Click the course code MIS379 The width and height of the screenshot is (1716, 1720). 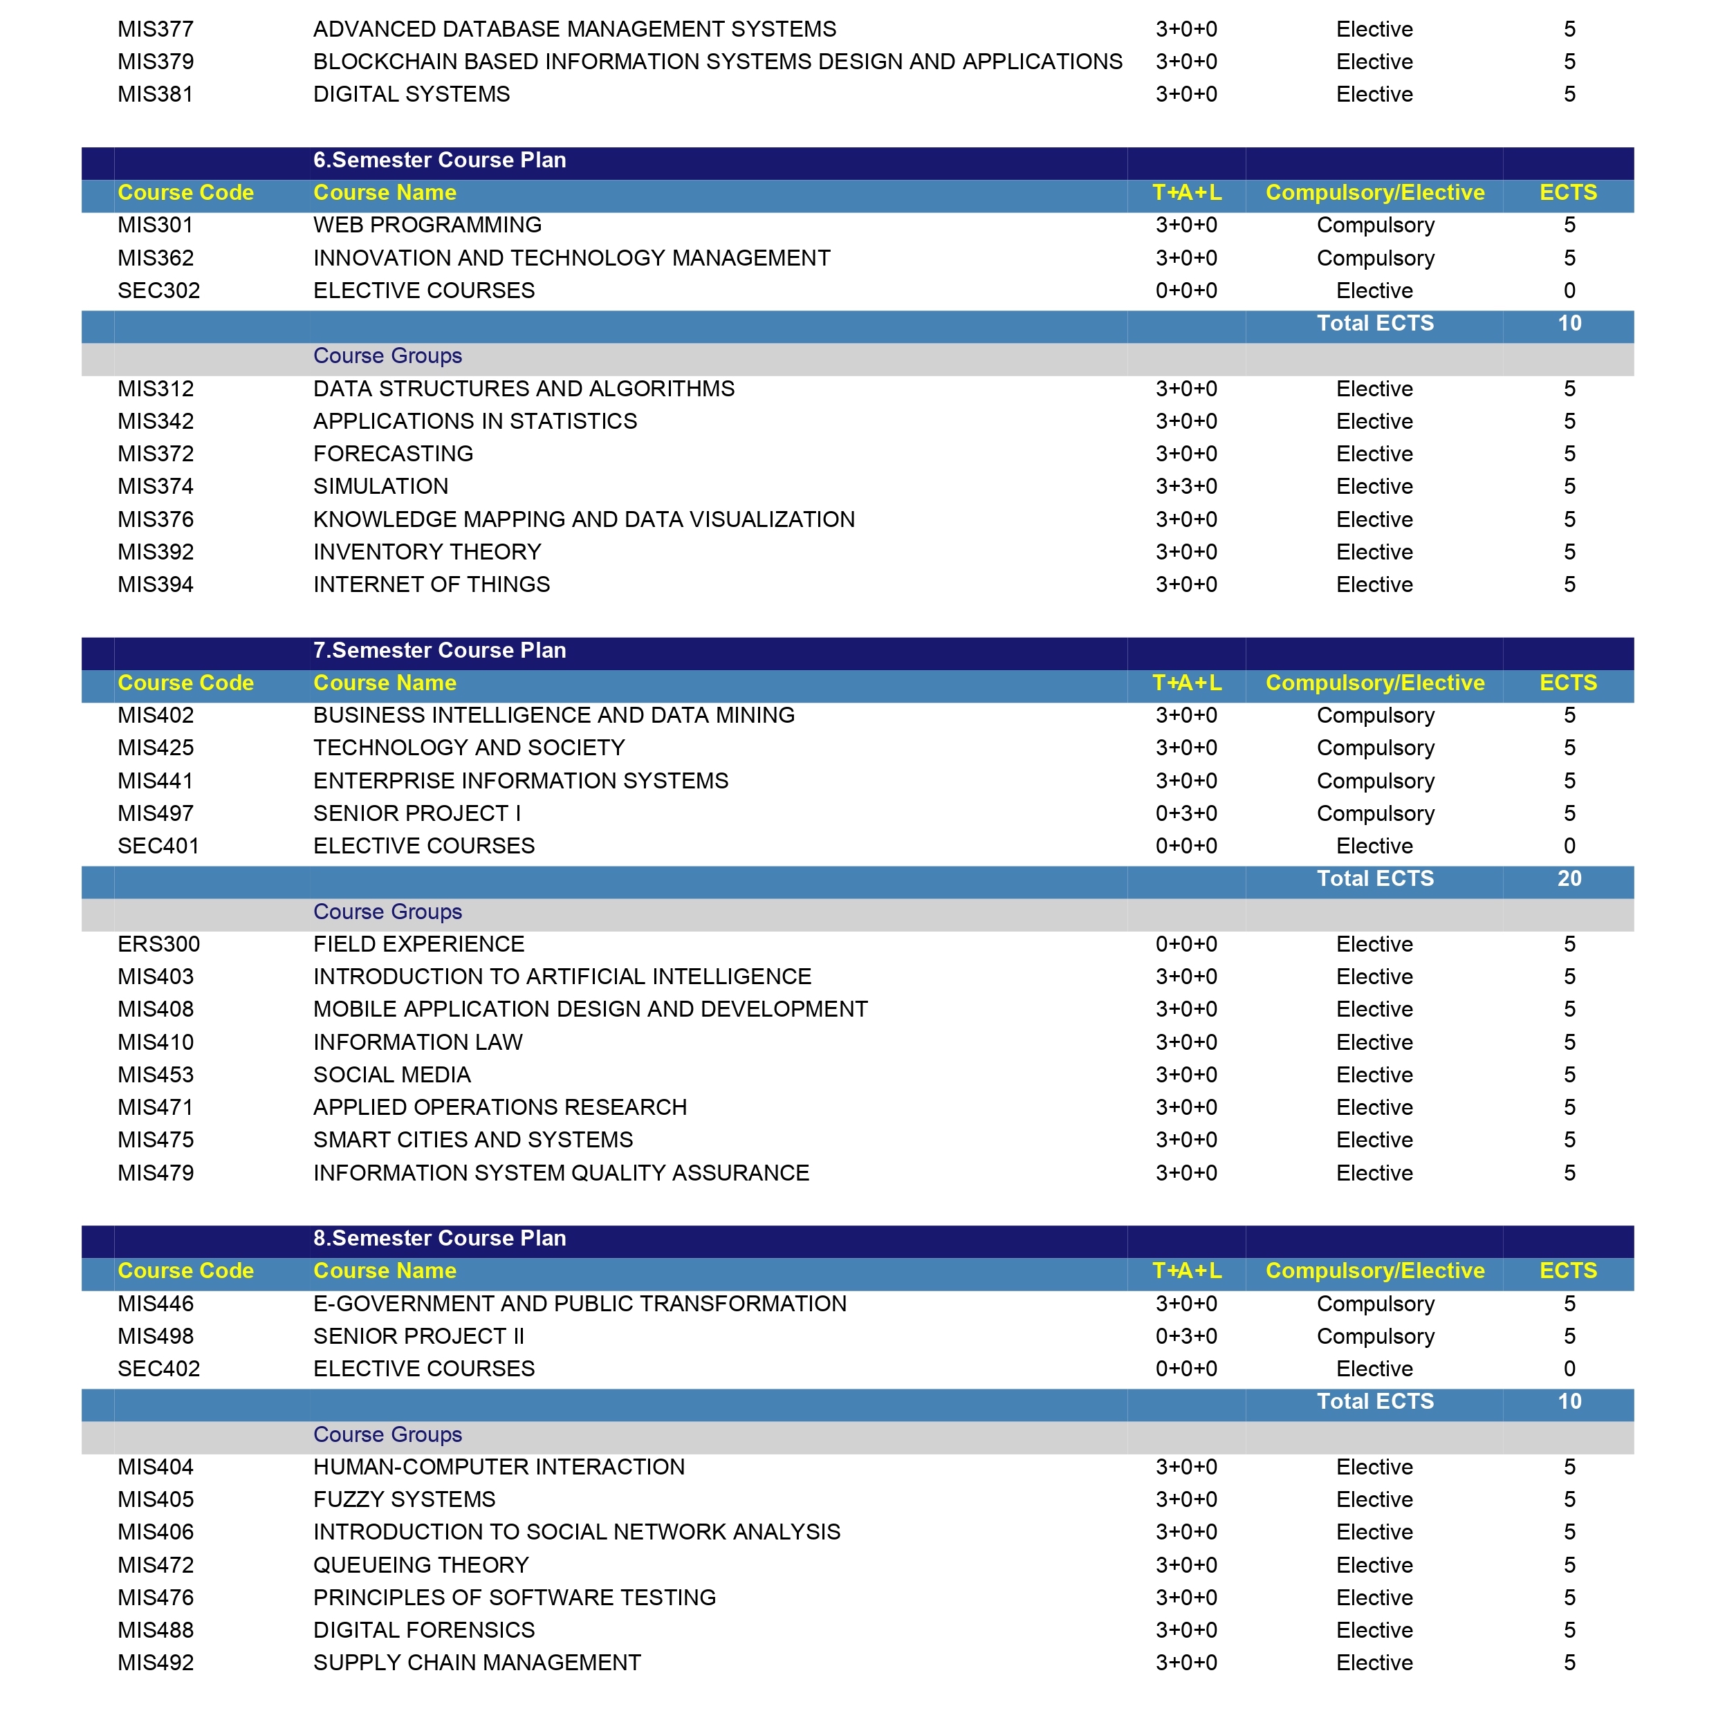click(x=155, y=62)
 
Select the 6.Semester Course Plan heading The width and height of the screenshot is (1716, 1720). click(x=439, y=160)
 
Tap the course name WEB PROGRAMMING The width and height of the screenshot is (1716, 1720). click(x=427, y=225)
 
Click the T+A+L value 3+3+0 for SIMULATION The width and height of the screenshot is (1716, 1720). click(x=1186, y=487)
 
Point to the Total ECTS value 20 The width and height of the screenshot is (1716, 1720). click(x=1569, y=879)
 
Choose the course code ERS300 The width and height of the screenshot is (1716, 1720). click(x=158, y=944)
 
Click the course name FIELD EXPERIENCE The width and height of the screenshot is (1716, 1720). click(x=418, y=944)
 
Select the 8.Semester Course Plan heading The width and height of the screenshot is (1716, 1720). click(x=439, y=1239)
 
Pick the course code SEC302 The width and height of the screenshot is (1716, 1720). click(x=158, y=290)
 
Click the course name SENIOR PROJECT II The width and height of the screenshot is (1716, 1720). click(x=418, y=1336)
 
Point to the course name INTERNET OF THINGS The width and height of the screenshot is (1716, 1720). click(x=431, y=585)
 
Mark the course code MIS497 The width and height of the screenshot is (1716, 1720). click(x=155, y=814)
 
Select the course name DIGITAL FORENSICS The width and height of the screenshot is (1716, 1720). click(x=424, y=1630)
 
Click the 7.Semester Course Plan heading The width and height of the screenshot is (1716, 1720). click(x=439, y=651)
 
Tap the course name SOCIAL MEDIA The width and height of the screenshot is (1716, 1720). click(x=391, y=1075)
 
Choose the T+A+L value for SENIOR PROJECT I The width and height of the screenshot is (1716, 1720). click(x=1186, y=814)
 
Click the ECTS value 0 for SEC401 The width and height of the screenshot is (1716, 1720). click(x=1569, y=846)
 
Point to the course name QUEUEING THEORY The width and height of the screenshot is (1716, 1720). click(x=421, y=1565)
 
